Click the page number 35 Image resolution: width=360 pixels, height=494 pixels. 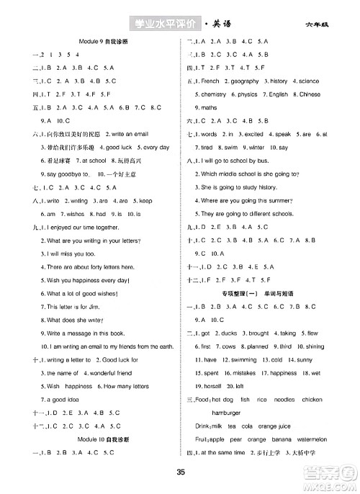click(x=181, y=472)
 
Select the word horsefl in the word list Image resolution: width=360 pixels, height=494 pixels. click(x=215, y=385)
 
